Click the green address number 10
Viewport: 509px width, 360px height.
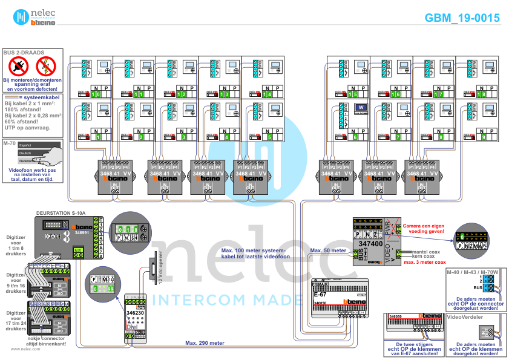tap(96, 94)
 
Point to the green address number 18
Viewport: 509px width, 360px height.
tap(481, 94)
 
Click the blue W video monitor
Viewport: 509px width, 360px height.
tap(361, 108)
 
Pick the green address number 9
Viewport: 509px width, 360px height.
tap(484, 137)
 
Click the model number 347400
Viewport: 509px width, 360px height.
tap(370, 244)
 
